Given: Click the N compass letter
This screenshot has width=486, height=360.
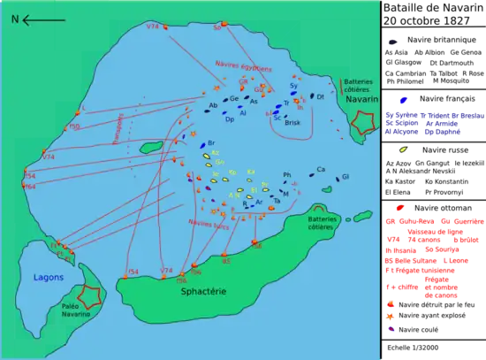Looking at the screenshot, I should (15, 19).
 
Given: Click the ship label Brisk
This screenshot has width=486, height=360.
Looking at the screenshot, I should (294, 122).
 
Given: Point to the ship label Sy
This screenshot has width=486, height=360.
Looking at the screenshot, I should (294, 86).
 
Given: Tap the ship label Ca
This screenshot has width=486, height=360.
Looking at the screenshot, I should (321, 169).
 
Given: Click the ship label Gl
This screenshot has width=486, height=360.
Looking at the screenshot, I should (346, 177).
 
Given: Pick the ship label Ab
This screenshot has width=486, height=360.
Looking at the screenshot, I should (213, 105).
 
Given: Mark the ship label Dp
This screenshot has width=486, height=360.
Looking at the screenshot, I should (230, 119).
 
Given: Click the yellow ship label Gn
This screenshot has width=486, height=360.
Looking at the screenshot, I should (219, 161).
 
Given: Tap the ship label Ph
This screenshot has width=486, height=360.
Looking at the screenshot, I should (286, 175).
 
